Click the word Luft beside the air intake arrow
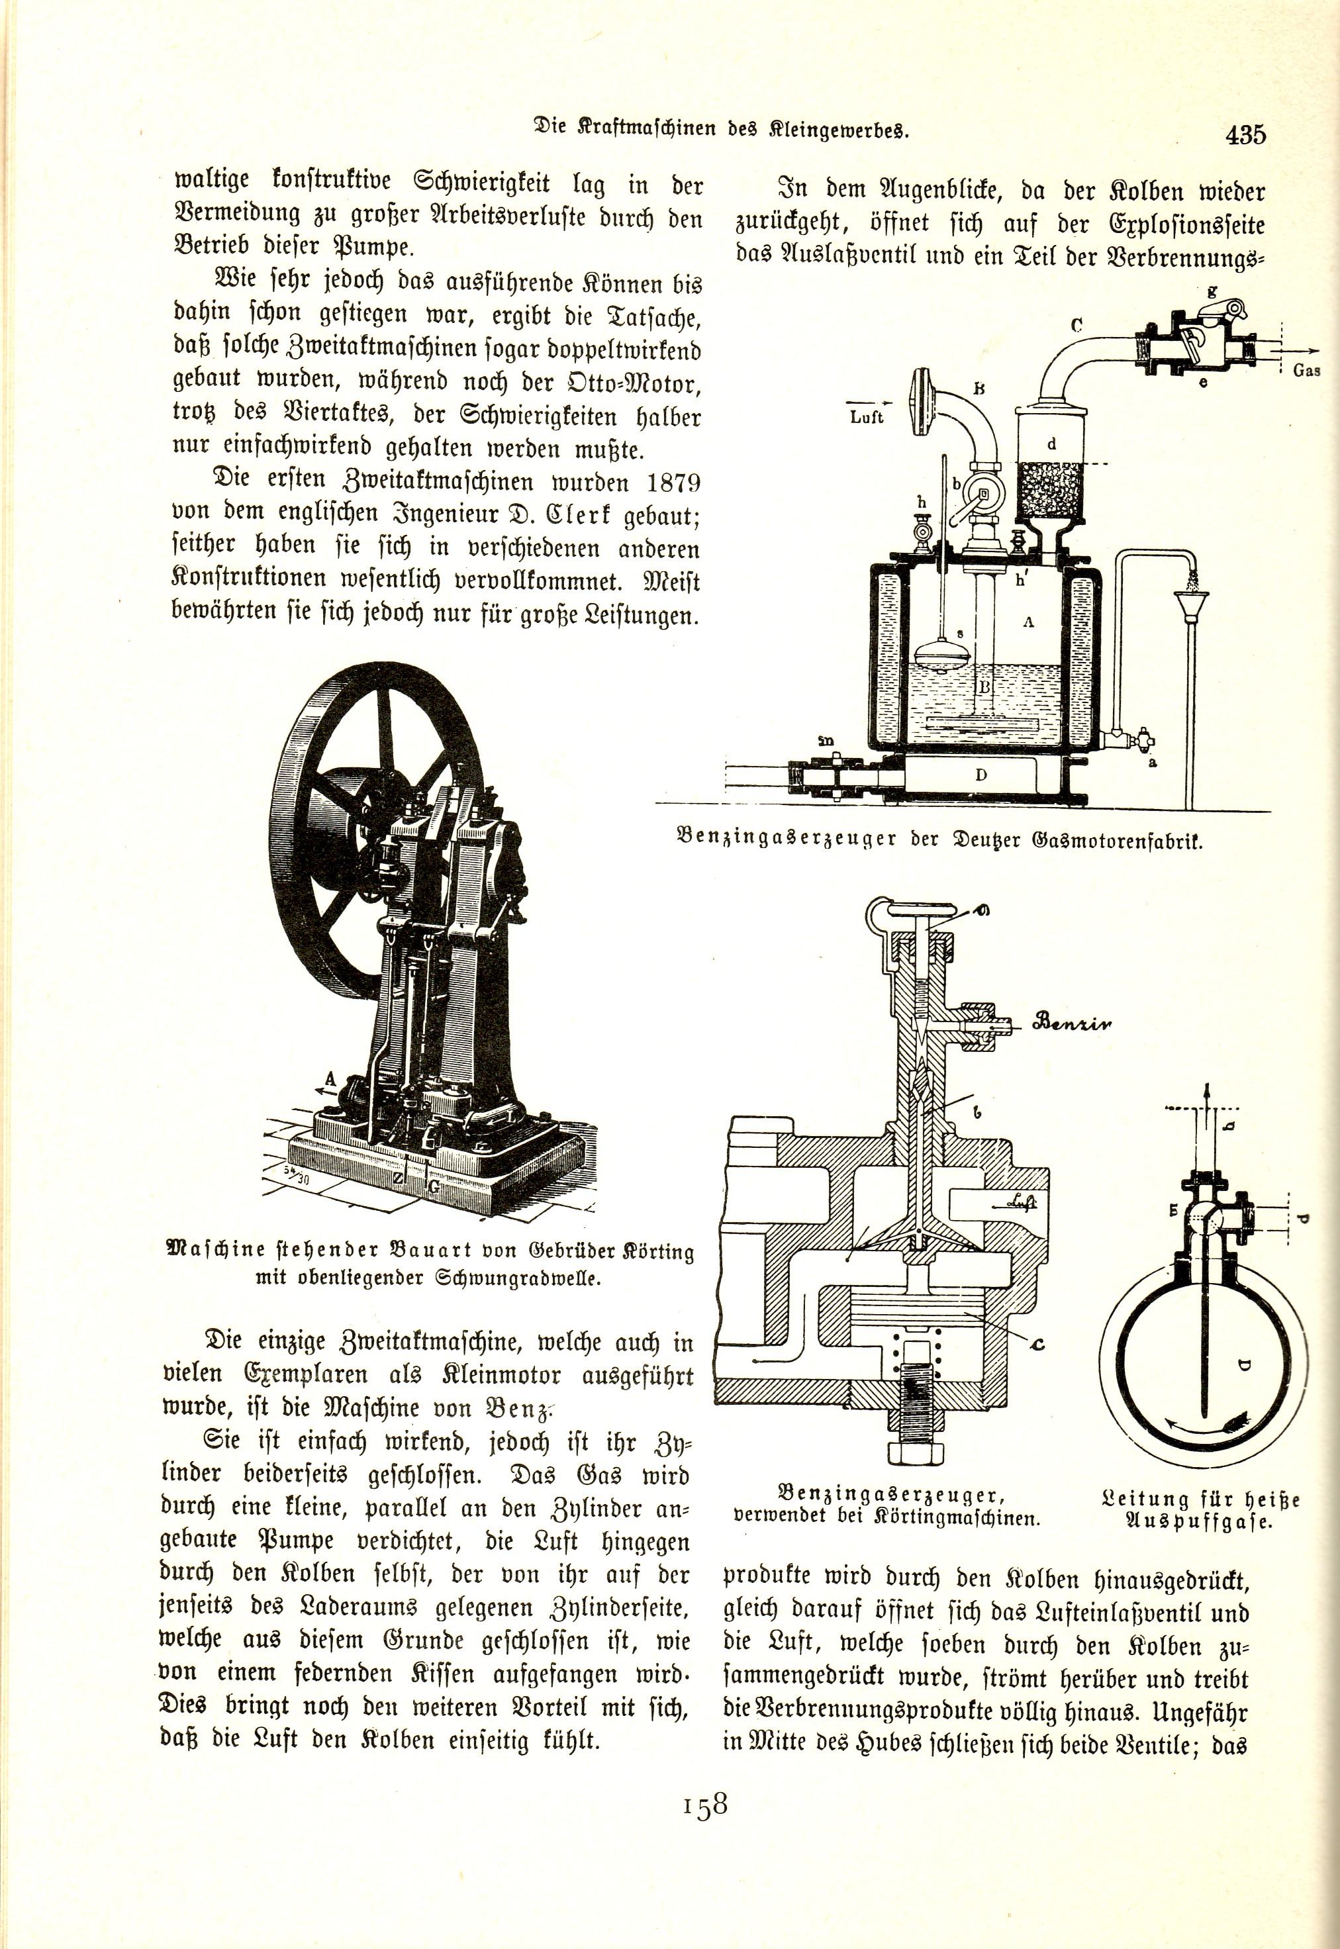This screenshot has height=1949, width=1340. pyautogui.click(x=867, y=417)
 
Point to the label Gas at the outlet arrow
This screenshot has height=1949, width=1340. pyautogui.click(x=1306, y=370)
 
